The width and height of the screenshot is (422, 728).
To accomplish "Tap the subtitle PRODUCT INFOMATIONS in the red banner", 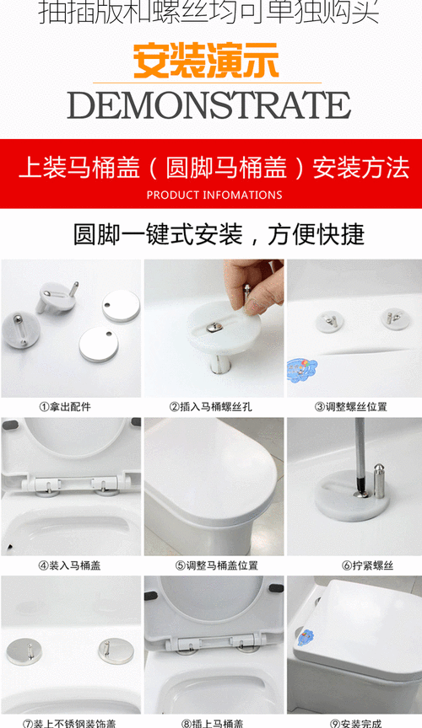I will (x=214, y=195).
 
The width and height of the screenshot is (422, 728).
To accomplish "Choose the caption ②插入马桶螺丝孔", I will (x=213, y=406).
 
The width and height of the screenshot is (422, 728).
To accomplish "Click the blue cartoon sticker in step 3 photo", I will (x=301, y=369).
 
